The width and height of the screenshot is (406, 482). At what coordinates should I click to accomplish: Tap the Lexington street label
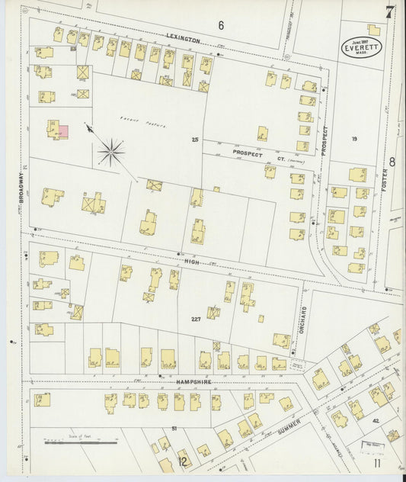tap(184, 37)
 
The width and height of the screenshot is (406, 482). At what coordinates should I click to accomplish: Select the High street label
tap(190, 259)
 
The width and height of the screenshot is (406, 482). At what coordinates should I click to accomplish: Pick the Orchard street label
tap(303, 318)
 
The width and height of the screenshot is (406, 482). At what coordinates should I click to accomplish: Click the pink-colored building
tap(65, 131)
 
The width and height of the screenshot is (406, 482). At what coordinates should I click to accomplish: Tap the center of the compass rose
tap(111, 152)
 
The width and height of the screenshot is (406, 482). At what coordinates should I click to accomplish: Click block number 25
tap(195, 140)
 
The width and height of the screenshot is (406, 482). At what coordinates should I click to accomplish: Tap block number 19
tap(354, 139)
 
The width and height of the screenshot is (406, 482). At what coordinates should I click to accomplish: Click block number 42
tap(375, 420)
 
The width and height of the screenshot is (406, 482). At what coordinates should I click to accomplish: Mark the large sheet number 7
tap(389, 12)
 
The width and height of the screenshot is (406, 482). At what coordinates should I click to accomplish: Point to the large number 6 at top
tap(221, 25)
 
